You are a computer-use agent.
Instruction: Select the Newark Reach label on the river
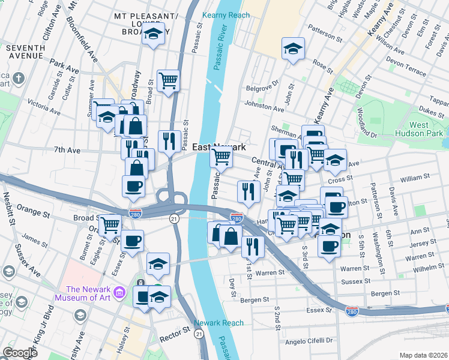pyautogui.click(x=218, y=323)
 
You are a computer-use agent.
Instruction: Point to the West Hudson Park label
pyautogui.click(x=418, y=129)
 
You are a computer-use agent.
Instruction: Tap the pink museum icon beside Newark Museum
pyautogui.click(x=119, y=293)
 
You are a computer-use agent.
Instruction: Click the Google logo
pyautogui.click(x=20, y=352)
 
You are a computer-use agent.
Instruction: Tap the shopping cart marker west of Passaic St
pyautogui.click(x=169, y=80)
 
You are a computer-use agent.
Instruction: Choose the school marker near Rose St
pyautogui.click(x=293, y=49)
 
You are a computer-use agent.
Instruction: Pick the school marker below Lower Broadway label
pyautogui.click(x=154, y=35)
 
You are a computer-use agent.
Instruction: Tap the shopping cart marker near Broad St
pyautogui.click(x=110, y=225)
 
